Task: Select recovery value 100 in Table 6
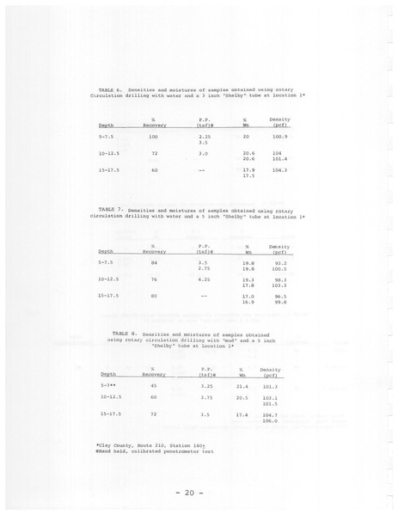(x=153, y=137)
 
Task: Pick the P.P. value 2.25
(x=205, y=137)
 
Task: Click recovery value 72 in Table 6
(x=153, y=153)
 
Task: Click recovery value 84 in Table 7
(x=153, y=262)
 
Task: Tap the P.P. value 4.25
(x=205, y=279)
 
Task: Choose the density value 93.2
(x=280, y=262)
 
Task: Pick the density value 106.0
(x=271, y=420)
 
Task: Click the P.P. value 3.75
(x=205, y=398)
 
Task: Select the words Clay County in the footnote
(x=115, y=444)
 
